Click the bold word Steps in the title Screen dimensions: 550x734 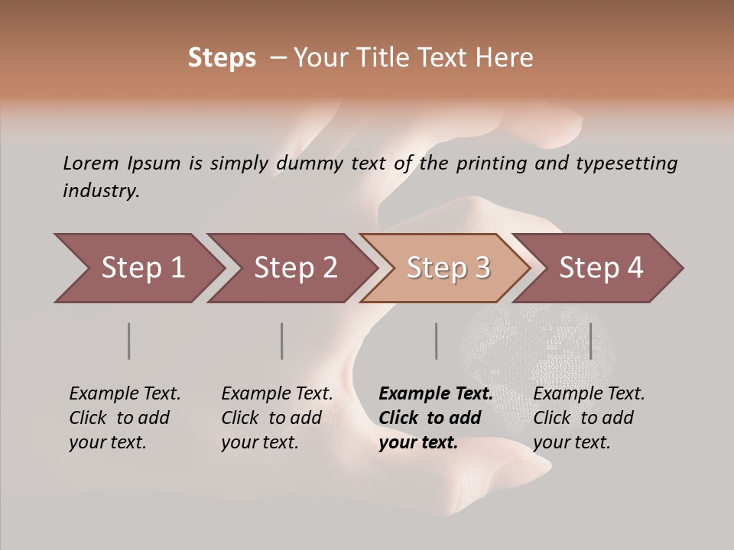222,58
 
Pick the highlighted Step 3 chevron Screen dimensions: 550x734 448,268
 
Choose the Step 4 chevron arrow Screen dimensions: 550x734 601,268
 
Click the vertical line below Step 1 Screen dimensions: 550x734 128,341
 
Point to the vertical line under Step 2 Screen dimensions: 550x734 282,341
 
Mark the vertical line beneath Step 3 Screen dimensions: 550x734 436,341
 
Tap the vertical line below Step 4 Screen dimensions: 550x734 590,341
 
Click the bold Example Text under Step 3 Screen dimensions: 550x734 435,418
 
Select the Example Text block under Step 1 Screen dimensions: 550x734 125,418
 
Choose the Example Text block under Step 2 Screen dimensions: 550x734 277,418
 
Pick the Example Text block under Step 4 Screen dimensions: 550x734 589,418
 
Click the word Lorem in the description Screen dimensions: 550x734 90,163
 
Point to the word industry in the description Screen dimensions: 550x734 101,190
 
